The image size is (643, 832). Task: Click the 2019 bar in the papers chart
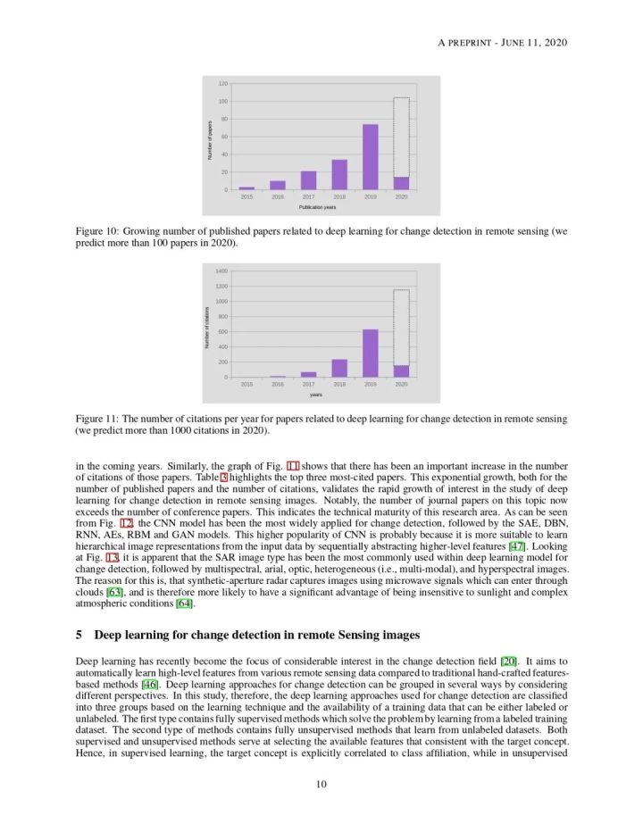(x=370, y=157)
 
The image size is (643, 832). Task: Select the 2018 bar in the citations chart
(x=339, y=368)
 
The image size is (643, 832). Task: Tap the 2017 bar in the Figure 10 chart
(x=308, y=180)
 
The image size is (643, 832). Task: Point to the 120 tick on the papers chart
(x=222, y=84)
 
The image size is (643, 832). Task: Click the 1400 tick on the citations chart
(x=221, y=270)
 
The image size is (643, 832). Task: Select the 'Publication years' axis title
(x=317, y=207)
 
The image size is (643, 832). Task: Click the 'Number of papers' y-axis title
(x=210, y=137)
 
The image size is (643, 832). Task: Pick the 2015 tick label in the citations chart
(x=246, y=384)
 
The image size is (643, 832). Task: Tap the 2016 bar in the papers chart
(x=278, y=185)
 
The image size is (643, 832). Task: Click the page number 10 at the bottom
(x=321, y=785)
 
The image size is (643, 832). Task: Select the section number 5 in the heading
(x=79, y=635)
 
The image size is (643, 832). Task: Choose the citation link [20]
(x=508, y=659)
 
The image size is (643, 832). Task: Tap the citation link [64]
(x=184, y=603)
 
